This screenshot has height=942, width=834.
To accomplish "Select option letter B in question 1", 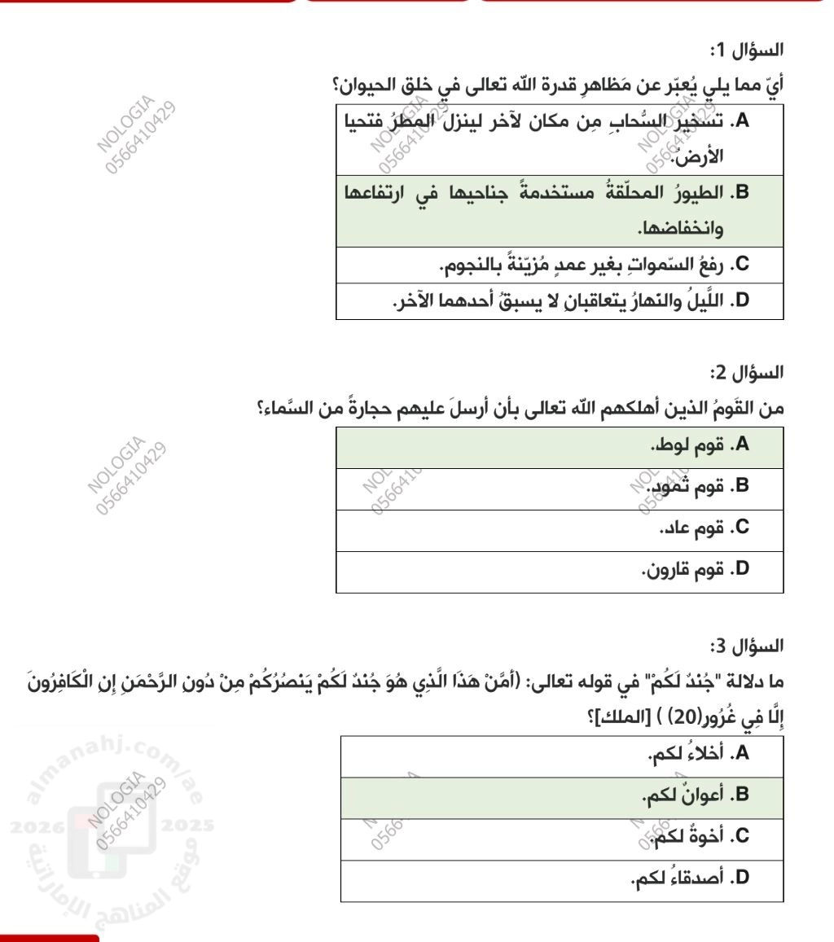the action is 740,193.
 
